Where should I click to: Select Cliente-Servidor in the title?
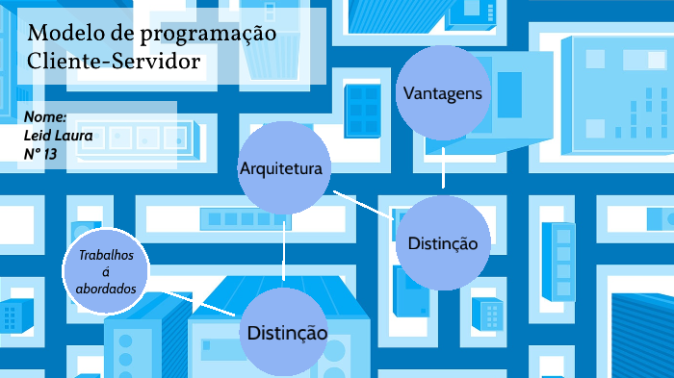tap(115, 62)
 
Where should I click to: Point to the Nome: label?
tap(45, 116)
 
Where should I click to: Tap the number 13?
tap(62, 153)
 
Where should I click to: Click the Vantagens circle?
tap(442, 93)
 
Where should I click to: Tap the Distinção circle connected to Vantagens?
tap(443, 243)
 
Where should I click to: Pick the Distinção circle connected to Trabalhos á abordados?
tap(286, 333)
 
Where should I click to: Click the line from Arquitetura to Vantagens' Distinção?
tap(363, 206)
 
